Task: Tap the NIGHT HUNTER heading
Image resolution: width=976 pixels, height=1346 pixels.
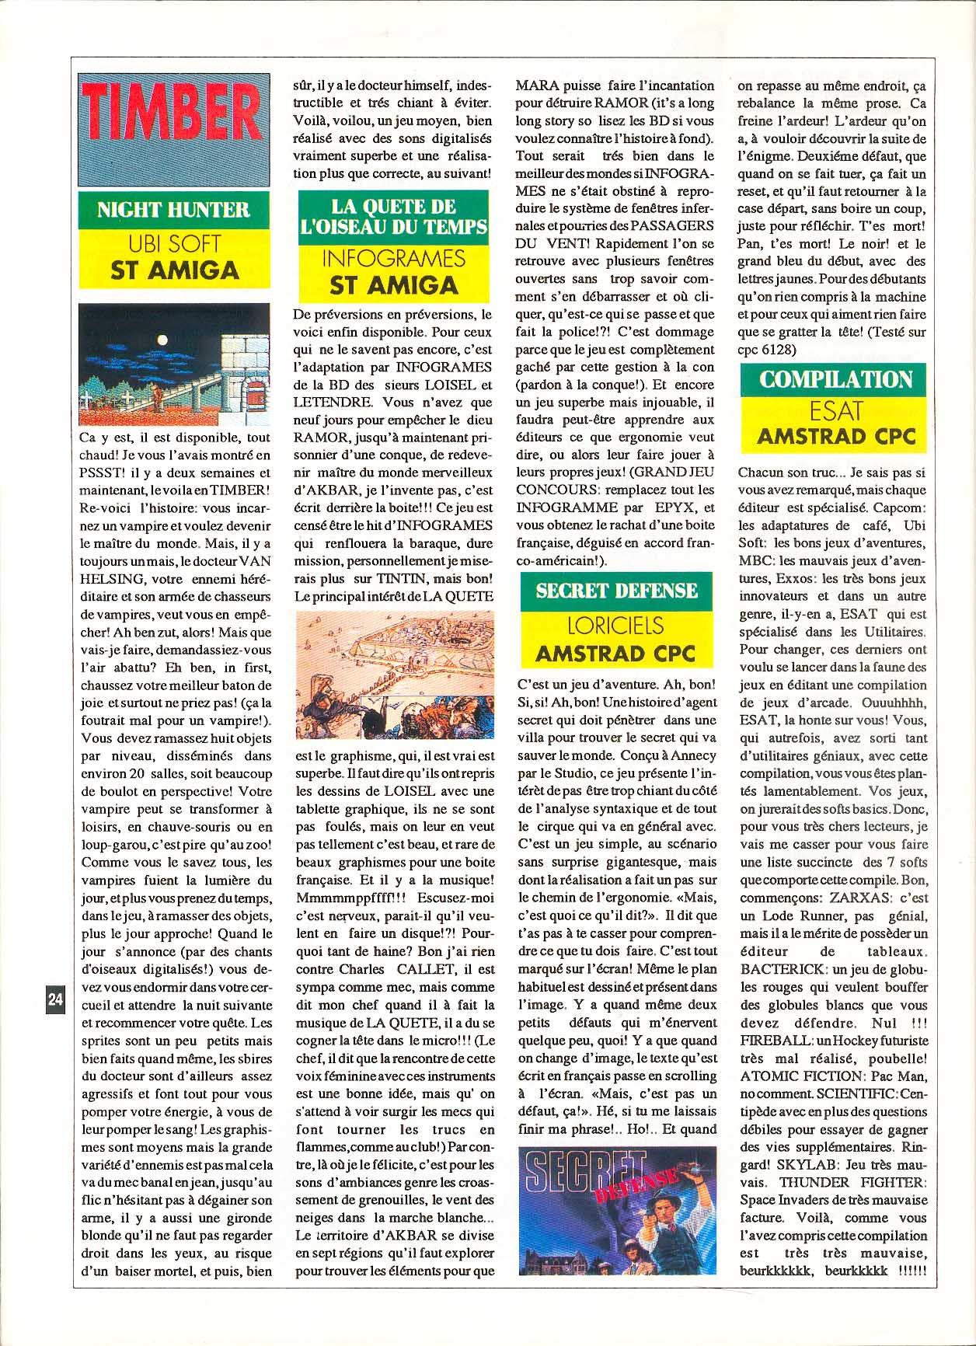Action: coord(173,210)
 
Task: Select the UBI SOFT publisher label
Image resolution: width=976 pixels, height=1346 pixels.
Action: coord(174,244)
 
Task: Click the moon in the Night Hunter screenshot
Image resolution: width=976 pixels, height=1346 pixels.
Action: coord(162,339)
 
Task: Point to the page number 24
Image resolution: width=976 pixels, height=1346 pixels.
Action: coord(55,999)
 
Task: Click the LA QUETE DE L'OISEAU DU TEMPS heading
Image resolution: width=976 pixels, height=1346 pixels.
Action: coord(393,216)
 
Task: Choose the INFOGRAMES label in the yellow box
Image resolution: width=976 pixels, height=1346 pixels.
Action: coord(393,259)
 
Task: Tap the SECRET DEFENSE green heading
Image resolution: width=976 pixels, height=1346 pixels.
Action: coord(616,591)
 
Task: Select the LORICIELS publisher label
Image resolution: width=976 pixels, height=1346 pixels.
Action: coord(615,626)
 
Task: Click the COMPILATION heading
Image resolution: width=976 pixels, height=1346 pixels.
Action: coord(835,379)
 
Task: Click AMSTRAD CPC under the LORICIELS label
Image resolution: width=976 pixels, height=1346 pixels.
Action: coord(615,654)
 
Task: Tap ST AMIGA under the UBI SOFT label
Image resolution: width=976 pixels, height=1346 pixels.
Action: coord(174,270)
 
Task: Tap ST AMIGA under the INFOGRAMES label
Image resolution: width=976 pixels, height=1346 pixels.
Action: coord(393,285)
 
